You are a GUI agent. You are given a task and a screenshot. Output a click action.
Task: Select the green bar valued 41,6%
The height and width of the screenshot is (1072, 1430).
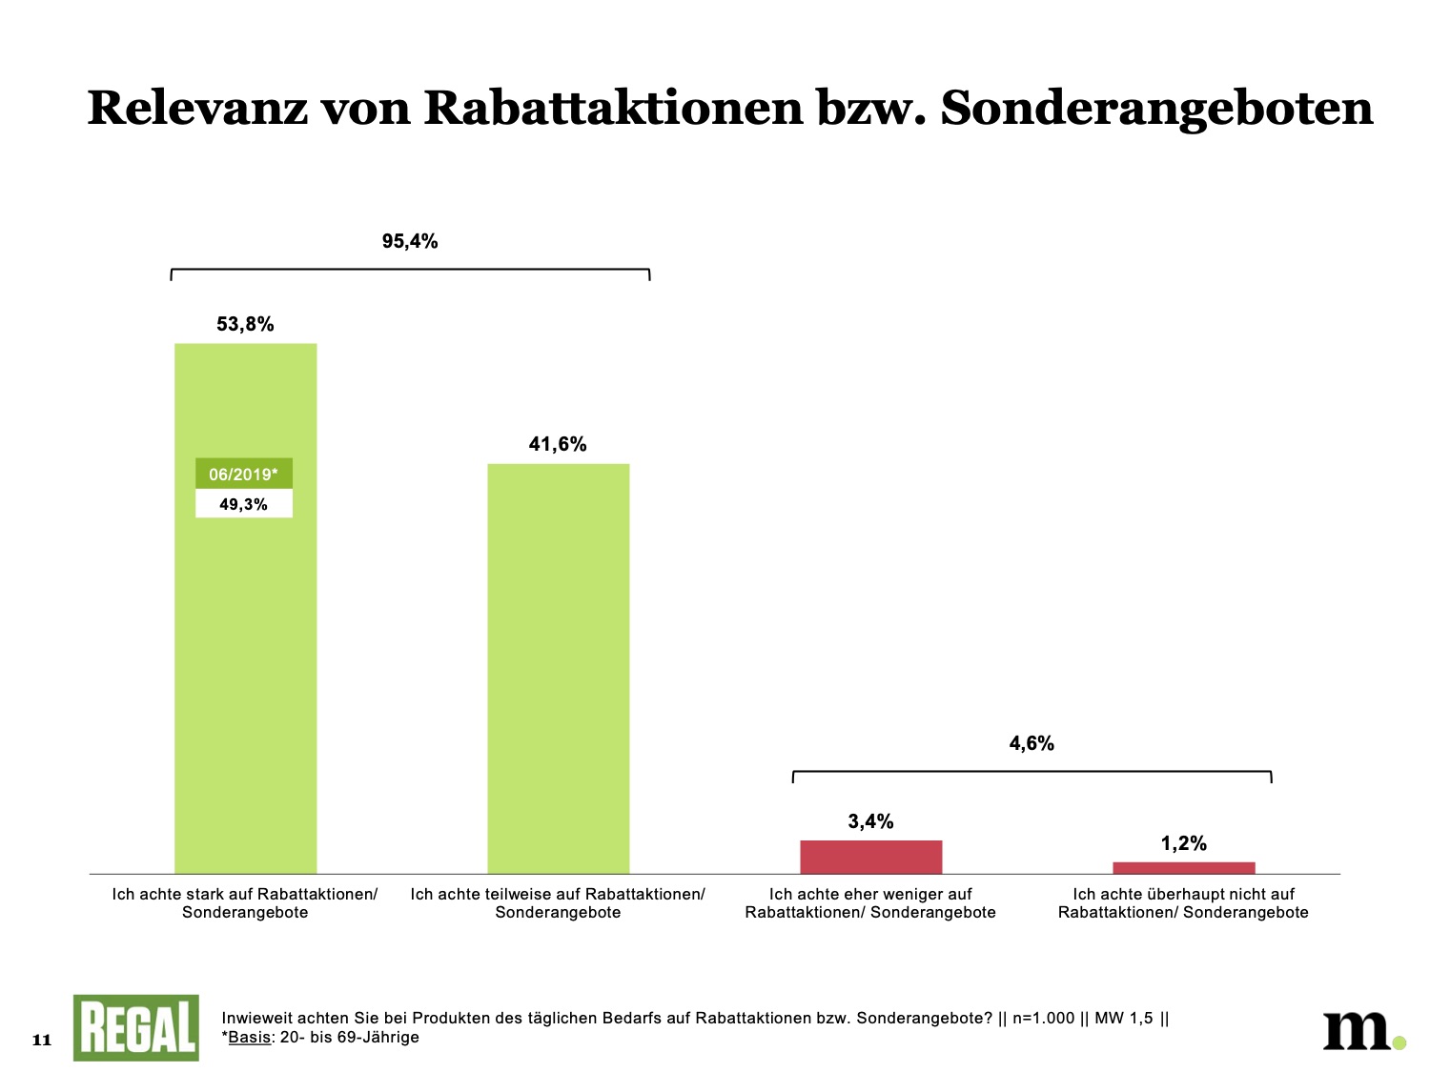(x=558, y=667)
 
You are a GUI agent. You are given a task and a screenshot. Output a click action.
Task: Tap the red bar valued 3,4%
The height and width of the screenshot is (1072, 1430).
(x=870, y=857)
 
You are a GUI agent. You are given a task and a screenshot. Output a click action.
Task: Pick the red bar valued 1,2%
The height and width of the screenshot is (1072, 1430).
(x=1183, y=867)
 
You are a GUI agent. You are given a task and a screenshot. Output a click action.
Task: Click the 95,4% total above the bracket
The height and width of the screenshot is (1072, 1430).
(x=410, y=242)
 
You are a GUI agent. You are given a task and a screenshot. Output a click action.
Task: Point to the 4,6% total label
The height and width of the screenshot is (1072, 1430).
(x=1032, y=743)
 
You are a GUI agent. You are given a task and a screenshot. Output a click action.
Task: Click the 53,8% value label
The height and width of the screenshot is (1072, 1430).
(x=245, y=324)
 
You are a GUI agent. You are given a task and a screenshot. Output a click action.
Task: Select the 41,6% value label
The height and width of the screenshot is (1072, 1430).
(x=558, y=444)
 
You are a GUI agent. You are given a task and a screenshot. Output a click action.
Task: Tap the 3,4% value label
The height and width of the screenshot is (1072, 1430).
(x=870, y=821)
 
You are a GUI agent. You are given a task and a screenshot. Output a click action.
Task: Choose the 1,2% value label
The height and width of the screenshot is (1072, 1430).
(x=1183, y=843)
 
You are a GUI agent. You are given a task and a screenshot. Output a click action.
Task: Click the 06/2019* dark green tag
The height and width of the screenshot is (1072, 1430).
(x=244, y=475)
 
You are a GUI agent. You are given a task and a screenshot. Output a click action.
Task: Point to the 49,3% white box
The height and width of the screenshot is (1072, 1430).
(x=244, y=504)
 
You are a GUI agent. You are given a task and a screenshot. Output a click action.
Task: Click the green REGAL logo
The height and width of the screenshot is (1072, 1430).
(x=136, y=1028)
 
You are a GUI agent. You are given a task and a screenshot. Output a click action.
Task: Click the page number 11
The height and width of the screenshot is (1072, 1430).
(x=42, y=1040)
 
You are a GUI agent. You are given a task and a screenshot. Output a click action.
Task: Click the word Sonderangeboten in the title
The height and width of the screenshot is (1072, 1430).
(x=1156, y=108)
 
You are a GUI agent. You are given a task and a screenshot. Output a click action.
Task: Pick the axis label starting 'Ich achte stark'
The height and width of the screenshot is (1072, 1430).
(x=245, y=903)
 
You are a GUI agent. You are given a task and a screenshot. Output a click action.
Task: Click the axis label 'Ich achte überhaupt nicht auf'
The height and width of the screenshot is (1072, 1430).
(x=1183, y=903)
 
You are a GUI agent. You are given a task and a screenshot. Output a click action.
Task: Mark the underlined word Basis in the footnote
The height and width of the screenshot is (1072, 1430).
(x=250, y=1037)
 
